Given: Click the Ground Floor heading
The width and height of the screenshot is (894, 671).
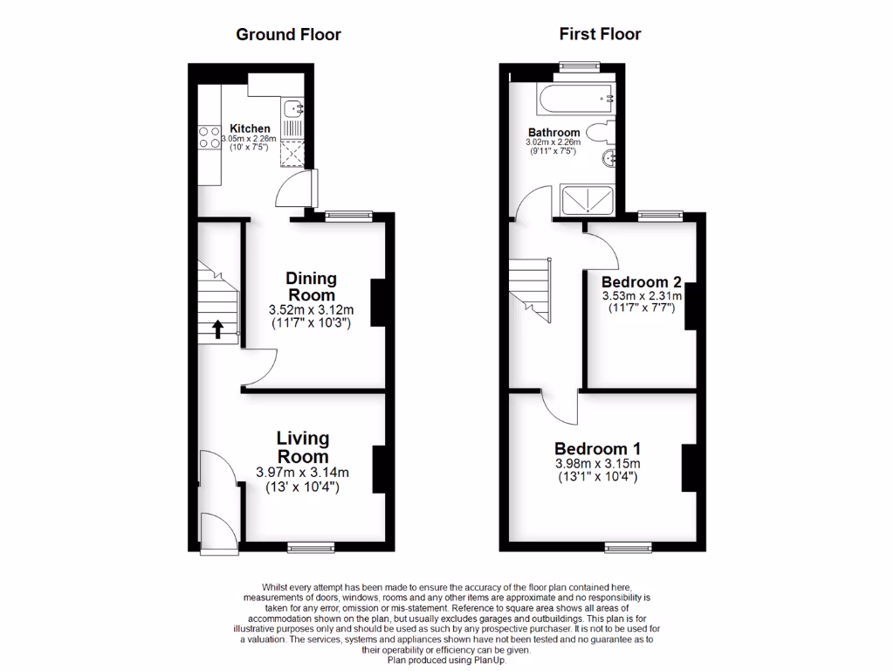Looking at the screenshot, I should tap(288, 35).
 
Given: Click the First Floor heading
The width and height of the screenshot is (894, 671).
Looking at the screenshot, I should tap(600, 35).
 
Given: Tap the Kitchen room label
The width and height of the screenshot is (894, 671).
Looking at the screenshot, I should tap(250, 128).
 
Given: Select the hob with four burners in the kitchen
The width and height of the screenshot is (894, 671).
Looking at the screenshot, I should tap(210, 137).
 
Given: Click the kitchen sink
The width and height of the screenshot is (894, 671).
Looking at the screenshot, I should tap(293, 109).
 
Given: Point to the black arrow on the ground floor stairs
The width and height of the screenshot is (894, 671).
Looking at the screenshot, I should tap(217, 329).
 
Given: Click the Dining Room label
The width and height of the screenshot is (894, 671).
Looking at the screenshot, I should tap(311, 287).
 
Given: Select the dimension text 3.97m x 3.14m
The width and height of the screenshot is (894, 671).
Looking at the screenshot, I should tap(302, 473).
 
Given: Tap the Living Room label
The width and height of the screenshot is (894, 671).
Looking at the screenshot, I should tap(303, 447).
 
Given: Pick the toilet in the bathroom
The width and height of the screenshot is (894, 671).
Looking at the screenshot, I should tap(601, 134).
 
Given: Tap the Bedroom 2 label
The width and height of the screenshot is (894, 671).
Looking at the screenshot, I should tap(641, 282).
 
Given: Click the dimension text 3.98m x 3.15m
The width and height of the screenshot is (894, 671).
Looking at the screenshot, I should tap(597, 463).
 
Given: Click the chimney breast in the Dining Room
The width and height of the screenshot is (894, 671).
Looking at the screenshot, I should tap(380, 302).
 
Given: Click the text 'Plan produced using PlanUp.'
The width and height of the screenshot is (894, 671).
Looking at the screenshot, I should tap(446, 660).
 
